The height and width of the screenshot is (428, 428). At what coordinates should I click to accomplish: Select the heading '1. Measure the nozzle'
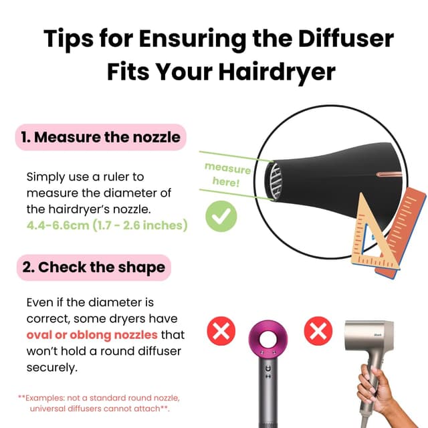[x=100, y=138]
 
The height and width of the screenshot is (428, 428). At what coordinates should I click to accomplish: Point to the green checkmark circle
[x=221, y=216]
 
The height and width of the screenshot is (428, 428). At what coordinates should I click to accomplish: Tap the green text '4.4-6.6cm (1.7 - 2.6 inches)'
[x=107, y=225]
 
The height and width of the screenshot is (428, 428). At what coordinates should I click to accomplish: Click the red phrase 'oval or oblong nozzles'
[x=92, y=334]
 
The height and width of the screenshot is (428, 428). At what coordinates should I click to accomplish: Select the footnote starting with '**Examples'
[x=94, y=402]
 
